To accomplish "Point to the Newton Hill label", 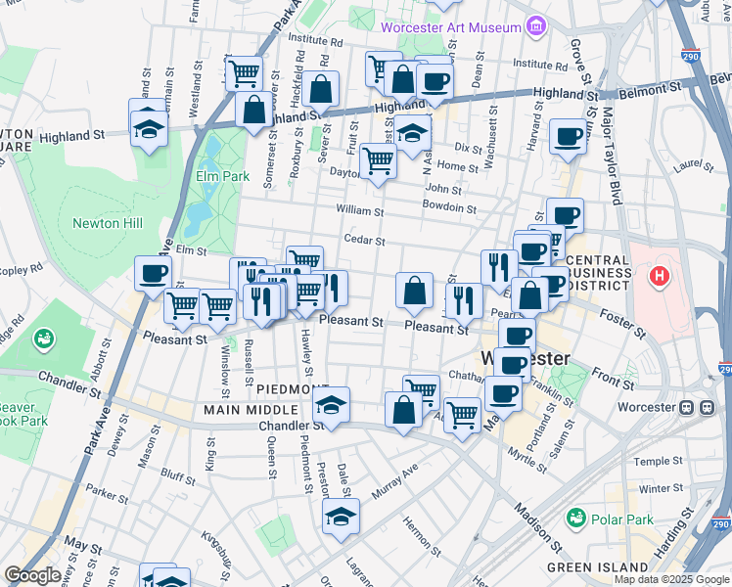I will click(x=108, y=223).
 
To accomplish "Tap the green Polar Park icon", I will click(x=576, y=517).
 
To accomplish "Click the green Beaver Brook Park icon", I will click(x=43, y=339).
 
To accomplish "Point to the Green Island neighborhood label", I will click(x=597, y=566).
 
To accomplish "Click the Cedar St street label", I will click(x=364, y=240).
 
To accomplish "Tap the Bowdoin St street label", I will click(x=449, y=207).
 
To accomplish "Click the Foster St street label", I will click(x=625, y=325).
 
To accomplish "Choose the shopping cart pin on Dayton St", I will click(x=377, y=160).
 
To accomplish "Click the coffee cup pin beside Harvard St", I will click(x=567, y=135).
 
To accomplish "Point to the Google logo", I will click(x=32, y=575).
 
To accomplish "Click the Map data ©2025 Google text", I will click(x=671, y=579).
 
